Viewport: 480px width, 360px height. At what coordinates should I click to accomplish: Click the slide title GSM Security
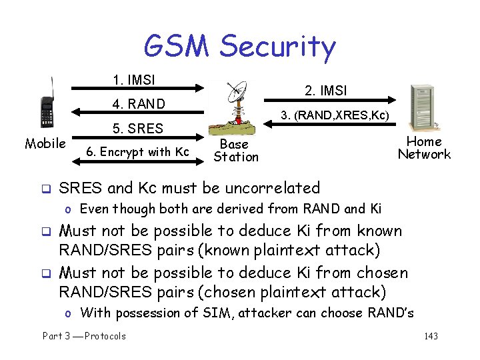pos(240,47)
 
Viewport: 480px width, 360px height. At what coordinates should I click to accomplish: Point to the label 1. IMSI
pos(134,80)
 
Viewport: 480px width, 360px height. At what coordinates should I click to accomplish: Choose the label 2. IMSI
pos(325,90)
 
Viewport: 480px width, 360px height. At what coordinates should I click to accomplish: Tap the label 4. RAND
pos(138,104)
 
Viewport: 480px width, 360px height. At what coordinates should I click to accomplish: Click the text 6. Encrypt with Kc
pos(137,152)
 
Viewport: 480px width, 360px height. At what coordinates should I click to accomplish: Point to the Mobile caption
pos(45,143)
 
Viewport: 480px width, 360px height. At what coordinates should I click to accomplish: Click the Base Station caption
pos(235,151)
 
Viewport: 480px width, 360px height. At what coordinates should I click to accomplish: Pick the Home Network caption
pos(424,148)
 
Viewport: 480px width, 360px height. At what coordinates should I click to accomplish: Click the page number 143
pos(431,336)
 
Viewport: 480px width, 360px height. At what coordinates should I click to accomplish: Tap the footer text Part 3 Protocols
pos(84,336)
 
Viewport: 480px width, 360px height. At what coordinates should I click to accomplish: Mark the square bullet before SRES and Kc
pos(45,189)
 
